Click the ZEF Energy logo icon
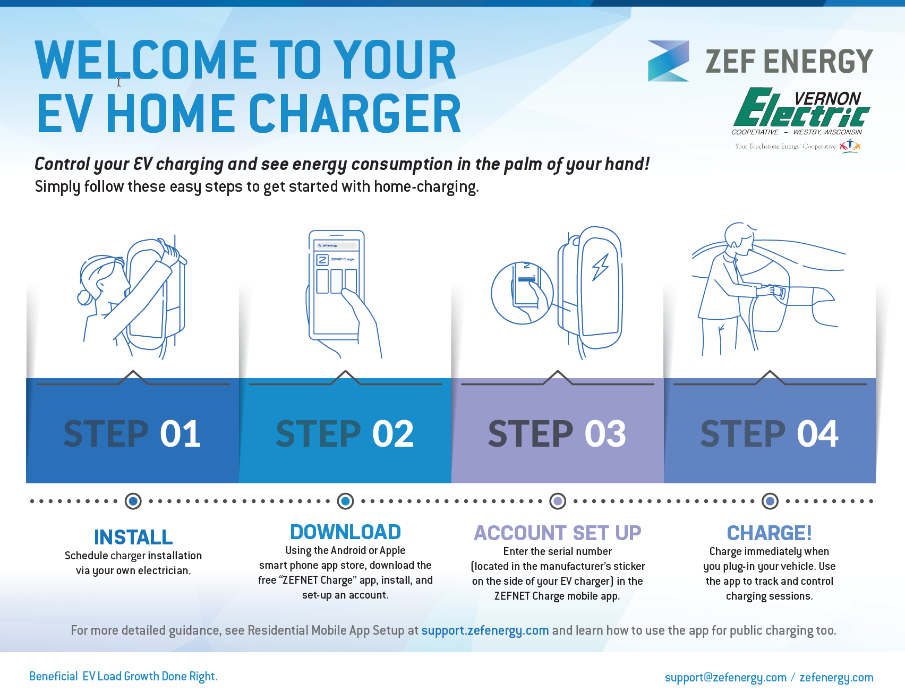coord(668,61)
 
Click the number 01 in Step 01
coord(181,433)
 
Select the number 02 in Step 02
coord(393,433)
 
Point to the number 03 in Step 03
coord(605,433)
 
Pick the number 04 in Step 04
coord(818,433)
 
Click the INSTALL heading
coord(133,537)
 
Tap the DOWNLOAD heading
coord(346,532)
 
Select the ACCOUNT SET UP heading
coord(558,533)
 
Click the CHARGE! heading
coord(770,533)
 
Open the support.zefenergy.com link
coord(485,630)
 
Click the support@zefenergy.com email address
coord(725,677)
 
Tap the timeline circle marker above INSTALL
coord(133,501)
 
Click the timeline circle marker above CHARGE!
coord(770,501)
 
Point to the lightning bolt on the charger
coord(601,267)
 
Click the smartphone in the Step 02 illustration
coord(337,285)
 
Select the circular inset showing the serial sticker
coord(522,293)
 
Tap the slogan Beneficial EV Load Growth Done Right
coord(123,676)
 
